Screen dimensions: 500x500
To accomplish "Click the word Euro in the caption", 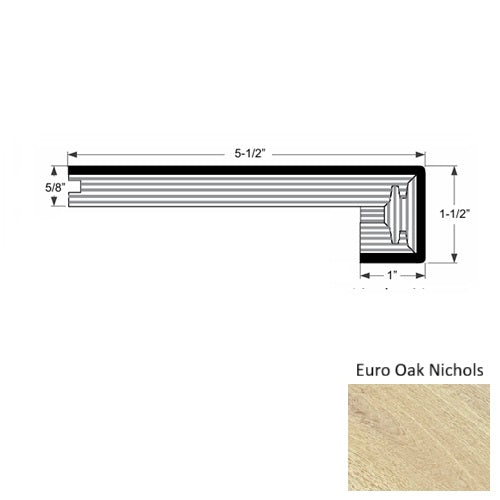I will tap(372, 369).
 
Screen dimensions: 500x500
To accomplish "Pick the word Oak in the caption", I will tap(412, 369).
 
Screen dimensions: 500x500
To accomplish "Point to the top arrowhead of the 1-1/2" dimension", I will tap(454, 171).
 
